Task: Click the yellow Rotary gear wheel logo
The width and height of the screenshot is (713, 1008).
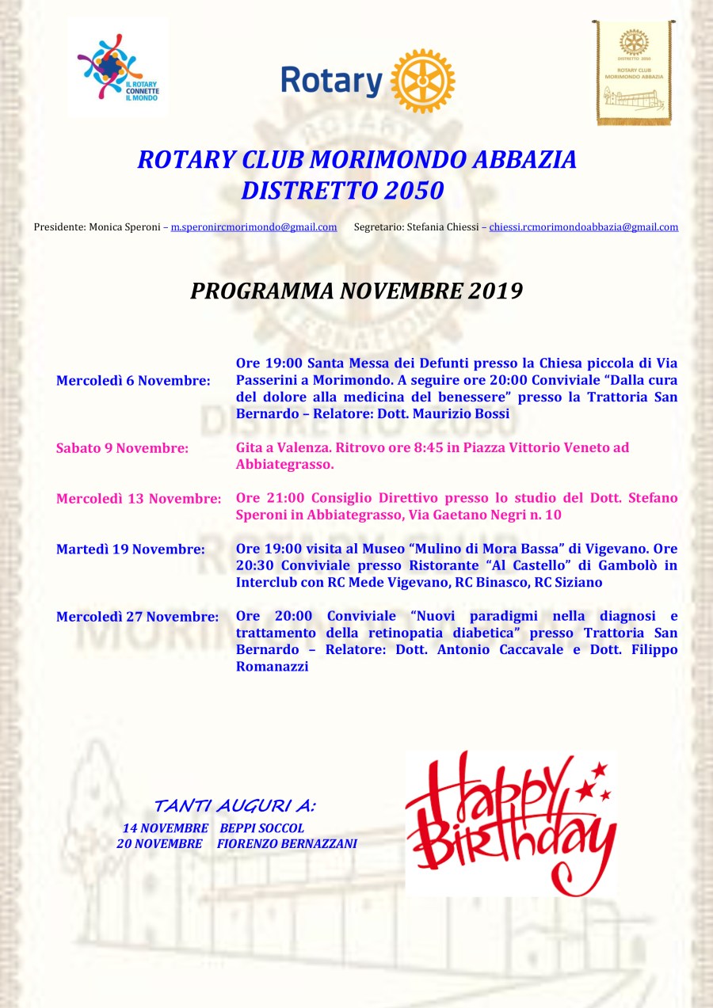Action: click(x=423, y=81)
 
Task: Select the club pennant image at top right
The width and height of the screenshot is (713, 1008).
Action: click(x=634, y=73)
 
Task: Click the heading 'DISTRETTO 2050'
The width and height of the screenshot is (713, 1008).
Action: click(x=342, y=190)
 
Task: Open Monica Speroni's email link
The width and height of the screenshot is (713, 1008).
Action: click(x=254, y=227)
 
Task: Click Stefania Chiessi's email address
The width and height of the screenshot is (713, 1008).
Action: click(x=583, y=227)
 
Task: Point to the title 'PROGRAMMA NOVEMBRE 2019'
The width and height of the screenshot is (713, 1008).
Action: click(x=356, y=291)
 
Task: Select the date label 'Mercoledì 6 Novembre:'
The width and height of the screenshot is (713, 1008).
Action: click(x=133, y=381)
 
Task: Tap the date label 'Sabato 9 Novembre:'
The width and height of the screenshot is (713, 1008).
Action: click(x=122, y=448)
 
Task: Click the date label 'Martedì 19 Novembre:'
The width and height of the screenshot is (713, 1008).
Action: click(x=131, y=549)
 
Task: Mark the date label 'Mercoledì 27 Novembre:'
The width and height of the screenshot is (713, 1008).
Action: click(x=137, y=617)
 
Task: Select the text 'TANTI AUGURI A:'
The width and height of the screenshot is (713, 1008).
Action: click(x=234, y=806)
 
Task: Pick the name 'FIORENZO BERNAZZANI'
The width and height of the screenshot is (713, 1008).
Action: click(x=287, y=844)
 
